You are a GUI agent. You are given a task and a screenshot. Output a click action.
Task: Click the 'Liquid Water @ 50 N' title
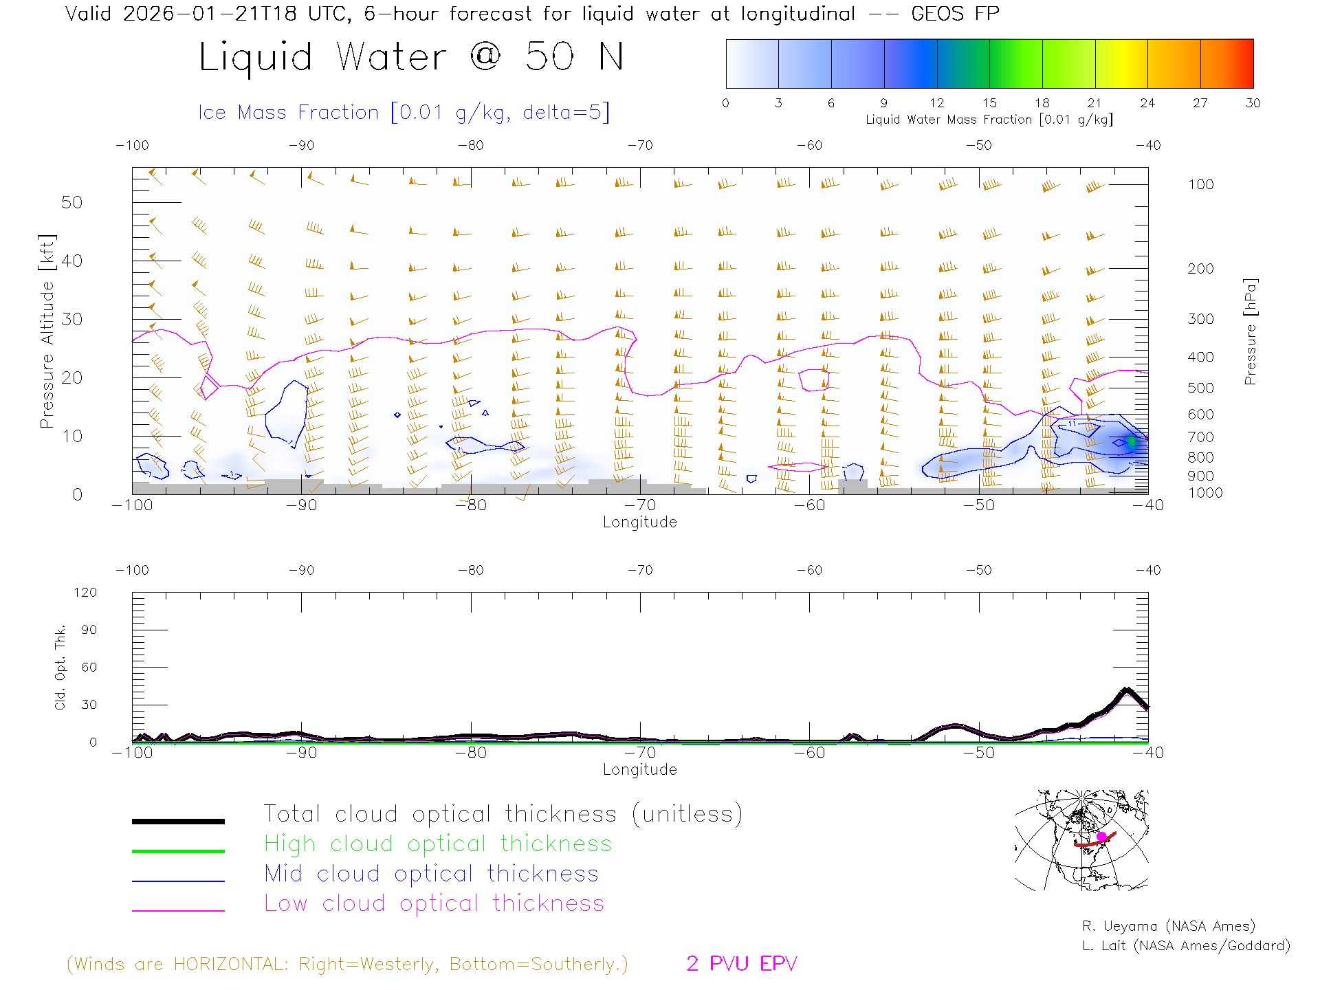pos(411,57)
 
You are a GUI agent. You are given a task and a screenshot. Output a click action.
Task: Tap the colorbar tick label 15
pos(989,103)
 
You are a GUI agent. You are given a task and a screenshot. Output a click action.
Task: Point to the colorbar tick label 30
pos(1253,103)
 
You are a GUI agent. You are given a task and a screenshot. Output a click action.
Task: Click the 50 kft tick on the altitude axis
pos(71,202)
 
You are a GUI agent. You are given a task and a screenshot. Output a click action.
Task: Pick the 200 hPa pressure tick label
pos(1200,269)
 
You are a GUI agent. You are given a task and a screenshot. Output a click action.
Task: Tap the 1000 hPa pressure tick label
pos(1205,493)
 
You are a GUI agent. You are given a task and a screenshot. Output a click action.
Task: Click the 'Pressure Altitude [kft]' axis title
pos(47,331)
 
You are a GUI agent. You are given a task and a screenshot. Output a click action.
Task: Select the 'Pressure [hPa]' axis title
pos(1250,331)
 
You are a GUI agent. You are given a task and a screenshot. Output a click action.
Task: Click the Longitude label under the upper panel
pos(639,522)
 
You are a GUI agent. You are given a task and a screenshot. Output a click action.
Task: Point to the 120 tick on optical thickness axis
pos(85,593)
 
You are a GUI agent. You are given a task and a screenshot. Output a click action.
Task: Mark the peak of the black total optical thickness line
pos(1126,690)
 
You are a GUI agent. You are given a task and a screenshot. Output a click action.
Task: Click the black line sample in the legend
pos(178,821)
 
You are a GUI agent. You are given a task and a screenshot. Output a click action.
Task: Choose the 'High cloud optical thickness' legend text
pos(438,844)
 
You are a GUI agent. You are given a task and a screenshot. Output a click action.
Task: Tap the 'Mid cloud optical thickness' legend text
pos(431,874)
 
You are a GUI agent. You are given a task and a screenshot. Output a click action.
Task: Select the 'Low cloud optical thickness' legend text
pos(434,903)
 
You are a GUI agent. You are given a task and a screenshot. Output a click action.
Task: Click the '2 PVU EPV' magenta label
pos(741,964)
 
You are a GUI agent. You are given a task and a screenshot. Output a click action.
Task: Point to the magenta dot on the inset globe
pos(1101,836)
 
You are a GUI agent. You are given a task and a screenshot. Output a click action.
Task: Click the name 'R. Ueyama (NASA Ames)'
pos(1168,926)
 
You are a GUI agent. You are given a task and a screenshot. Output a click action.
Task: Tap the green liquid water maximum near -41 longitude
pos(1131,442)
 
